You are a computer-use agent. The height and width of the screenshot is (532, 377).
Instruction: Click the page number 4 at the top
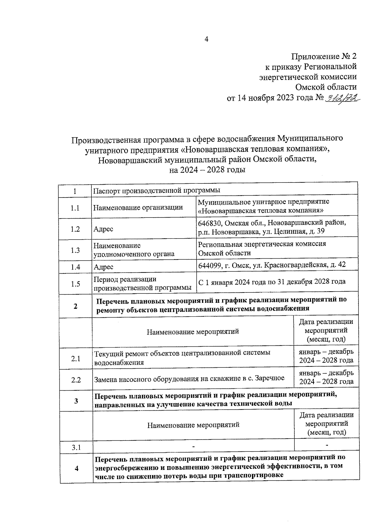pyautogui.click(x=206, y=40)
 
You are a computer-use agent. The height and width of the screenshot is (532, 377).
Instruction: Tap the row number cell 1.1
pyautogui.click(x=75, y=208)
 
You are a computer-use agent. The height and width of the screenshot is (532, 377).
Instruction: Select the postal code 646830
pyautogui.click(x=210, y=223)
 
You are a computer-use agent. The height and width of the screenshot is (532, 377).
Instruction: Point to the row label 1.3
pyautogui.click(x=75, y=250)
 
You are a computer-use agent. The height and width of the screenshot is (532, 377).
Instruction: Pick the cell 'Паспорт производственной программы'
pyautogui.click(x=157, y=190)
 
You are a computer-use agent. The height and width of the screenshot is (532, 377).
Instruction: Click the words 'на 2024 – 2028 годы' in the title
pyautogui.click(x=207, y=170)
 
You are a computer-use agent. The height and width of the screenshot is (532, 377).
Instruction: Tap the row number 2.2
pyautogui.click(x=76, y=380)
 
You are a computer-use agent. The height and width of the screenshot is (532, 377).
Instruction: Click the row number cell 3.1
pyautogui.click(x=76, y=447)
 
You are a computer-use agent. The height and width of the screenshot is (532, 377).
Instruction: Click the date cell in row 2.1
pyautogui.click(x=326, y=356)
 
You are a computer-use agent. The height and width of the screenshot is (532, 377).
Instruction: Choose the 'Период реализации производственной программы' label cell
pyautogui.click(x=143, y=283)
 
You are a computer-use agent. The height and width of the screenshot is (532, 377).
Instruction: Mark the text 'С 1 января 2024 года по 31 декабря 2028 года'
pyautogui.click(x=272, y=282)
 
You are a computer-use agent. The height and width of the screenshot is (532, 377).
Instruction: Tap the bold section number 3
pyautogui.click(x=76, y=401)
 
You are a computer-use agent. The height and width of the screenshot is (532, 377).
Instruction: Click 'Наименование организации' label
pyautogui.click(x=138, y=207)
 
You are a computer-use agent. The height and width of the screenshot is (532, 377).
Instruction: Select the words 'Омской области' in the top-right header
pyautogui.click(x=326, y=87)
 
